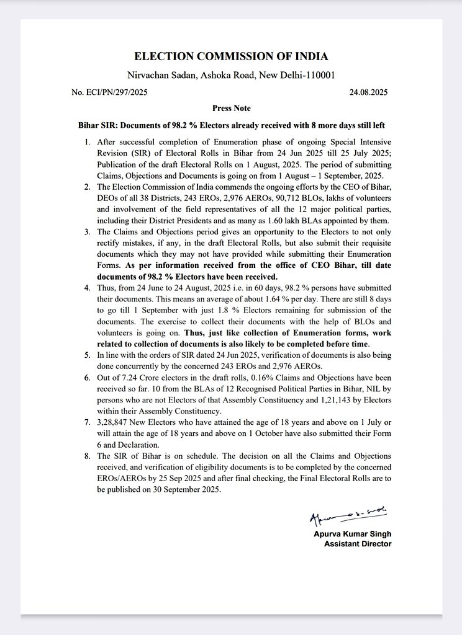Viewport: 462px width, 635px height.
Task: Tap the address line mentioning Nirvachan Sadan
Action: click(x=231, y=75)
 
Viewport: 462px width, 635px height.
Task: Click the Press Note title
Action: click(x=231, y=109)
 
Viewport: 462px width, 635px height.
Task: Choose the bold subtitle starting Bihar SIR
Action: click(x=231, y=125)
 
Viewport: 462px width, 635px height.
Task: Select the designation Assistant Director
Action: click(x=358, y=544)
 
